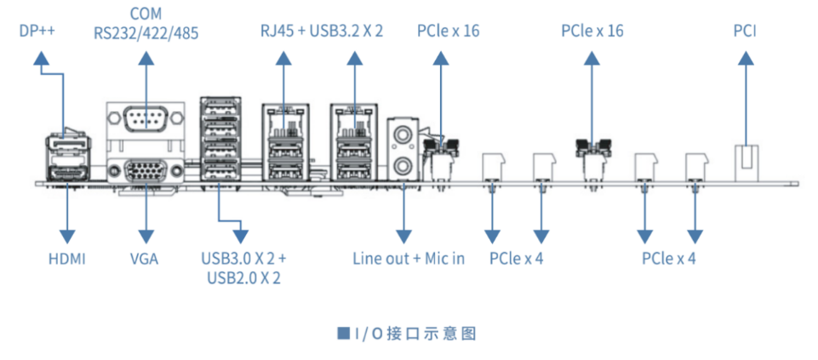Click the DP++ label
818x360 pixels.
click(37, 31)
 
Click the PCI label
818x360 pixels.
click(745, 31)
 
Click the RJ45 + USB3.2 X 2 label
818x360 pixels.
click(322, 31)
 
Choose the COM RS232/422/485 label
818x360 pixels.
click(146, 24)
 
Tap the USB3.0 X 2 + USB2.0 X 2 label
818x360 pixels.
click(243, 268)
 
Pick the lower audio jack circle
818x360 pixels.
click(403, 167)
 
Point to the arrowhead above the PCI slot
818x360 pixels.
click(745, 58)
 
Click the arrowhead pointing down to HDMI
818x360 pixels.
click(67, 236)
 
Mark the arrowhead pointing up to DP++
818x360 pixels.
click(41, 58)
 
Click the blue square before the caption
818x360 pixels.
click(343, 333)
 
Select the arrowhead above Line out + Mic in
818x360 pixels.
click(403, 236)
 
